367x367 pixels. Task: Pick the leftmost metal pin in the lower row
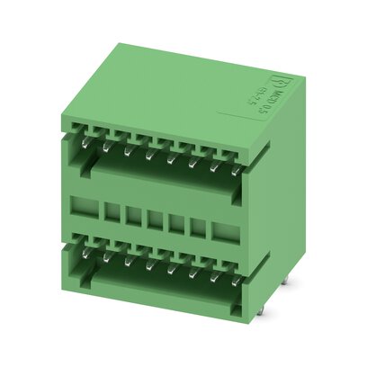click(x=85, y=249)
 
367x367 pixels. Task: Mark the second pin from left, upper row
click(x=106, y=141)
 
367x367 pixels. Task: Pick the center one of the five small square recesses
click(x=154, y=220)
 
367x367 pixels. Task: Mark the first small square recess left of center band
click(x=112, y=215)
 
